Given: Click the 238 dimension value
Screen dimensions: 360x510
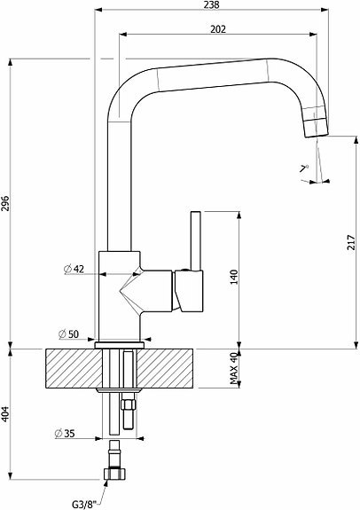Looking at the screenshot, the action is pyautogui.click(x=212, y=5).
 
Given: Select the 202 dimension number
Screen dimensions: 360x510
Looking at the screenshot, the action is pyautogui.click(x=217, y=29).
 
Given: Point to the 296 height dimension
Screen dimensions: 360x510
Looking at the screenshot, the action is pyautogui.click(x=5, y=203).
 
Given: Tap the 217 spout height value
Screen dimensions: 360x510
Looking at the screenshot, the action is pyautogui.click(x=351, y=242).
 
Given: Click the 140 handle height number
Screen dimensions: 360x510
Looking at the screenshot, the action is pyautogui.click(x=234, y=277).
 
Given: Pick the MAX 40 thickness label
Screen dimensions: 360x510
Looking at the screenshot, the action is pyautogui.click(x=234, y=368).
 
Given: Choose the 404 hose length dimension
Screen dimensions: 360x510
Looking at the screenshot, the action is pyautogui.click(x=5, y=414).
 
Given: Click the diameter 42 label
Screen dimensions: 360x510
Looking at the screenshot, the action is pyautogui.click(x=74, y=269).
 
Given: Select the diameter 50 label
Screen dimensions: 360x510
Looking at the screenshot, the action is pyautogui.click(x=68, y=334).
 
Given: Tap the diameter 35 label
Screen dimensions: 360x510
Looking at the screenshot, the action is pyautogui.click(x=65, y=433).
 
